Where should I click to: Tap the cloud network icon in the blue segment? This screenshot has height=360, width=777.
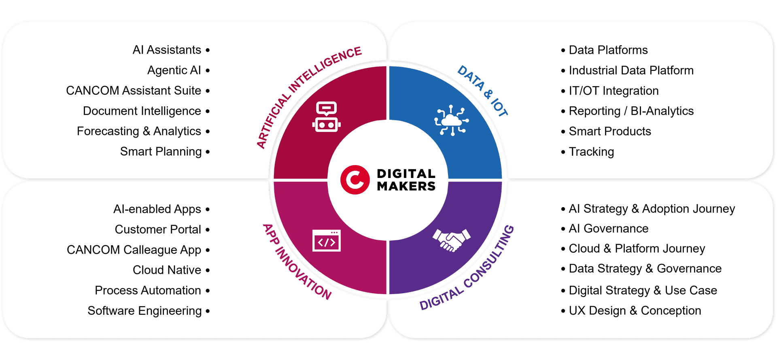pos(452,120)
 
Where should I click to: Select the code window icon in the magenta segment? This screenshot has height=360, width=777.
pos(326,241)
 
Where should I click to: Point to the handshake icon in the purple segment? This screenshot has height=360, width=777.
pos(451,240)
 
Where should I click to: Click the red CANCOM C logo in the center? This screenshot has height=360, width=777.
pos(355,180)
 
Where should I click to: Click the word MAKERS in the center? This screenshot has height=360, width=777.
pos(406,186)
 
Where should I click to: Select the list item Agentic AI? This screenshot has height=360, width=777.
pos(174,70)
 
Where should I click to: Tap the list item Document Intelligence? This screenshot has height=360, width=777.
pos(142,111)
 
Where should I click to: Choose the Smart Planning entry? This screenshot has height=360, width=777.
pos(161,152)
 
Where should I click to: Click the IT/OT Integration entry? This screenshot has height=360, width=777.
pos(614,91)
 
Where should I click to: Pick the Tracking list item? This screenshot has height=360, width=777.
pos(591,152)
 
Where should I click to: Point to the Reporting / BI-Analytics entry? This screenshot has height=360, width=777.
pos(631,111)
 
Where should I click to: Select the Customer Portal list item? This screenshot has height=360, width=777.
pos(158,229)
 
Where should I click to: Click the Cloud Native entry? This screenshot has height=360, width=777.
pos(167,270)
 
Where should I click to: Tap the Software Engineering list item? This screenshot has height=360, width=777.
pos(144,311)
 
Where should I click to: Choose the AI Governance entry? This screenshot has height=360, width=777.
pos(609,229)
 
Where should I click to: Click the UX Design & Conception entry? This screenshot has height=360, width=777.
pos(635,311)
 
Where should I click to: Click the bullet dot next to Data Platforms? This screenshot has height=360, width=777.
pos(563,50)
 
